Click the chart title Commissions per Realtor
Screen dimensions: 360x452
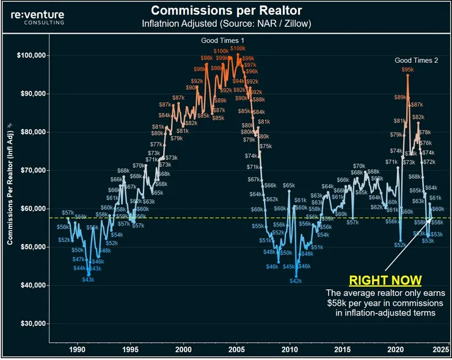225,10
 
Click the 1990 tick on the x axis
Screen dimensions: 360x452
77,350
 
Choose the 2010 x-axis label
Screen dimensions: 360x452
290,350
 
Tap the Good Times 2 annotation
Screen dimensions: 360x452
417,60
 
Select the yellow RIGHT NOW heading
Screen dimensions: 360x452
385,281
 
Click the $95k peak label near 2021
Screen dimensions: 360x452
407,70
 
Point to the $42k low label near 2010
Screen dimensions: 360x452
296,281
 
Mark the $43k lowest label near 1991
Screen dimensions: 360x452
88,279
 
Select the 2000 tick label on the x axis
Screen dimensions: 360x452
183,350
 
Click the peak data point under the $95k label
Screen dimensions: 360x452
407,76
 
